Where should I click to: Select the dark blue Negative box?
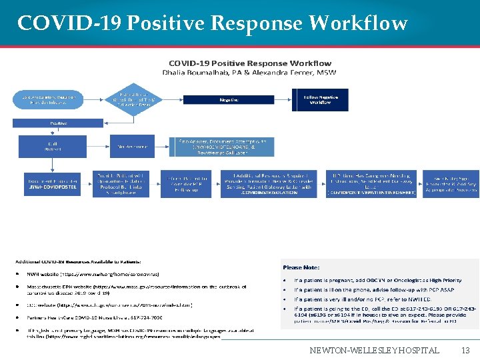tap(229, 99)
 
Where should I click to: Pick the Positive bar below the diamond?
tap(58, 123)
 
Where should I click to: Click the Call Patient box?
tap(53, 145)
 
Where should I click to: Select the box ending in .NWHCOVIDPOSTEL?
tap(53, 183)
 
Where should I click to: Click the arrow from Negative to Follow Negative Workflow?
tap(283, 99)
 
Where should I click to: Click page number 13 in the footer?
tap(465, 350)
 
